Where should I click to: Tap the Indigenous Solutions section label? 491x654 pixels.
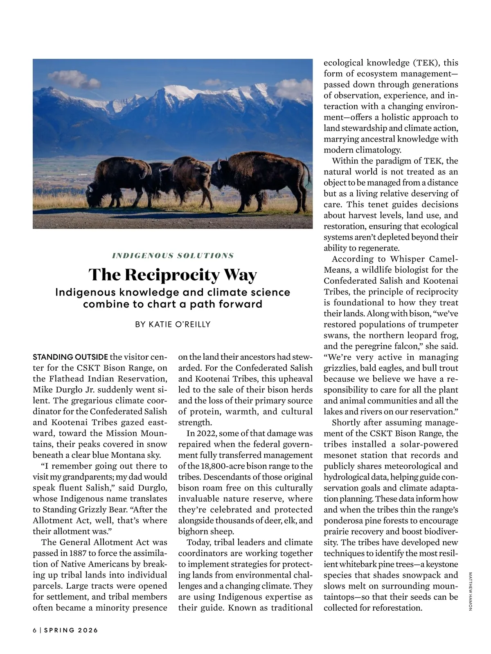173,255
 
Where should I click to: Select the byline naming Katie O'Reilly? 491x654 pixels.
173,324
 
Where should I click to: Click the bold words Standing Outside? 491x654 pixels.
70,357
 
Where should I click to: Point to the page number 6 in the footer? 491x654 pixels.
35,630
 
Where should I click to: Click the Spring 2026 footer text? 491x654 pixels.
71,630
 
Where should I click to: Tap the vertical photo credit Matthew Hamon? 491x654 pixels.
470,591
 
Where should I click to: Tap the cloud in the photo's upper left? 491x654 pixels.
74,79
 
